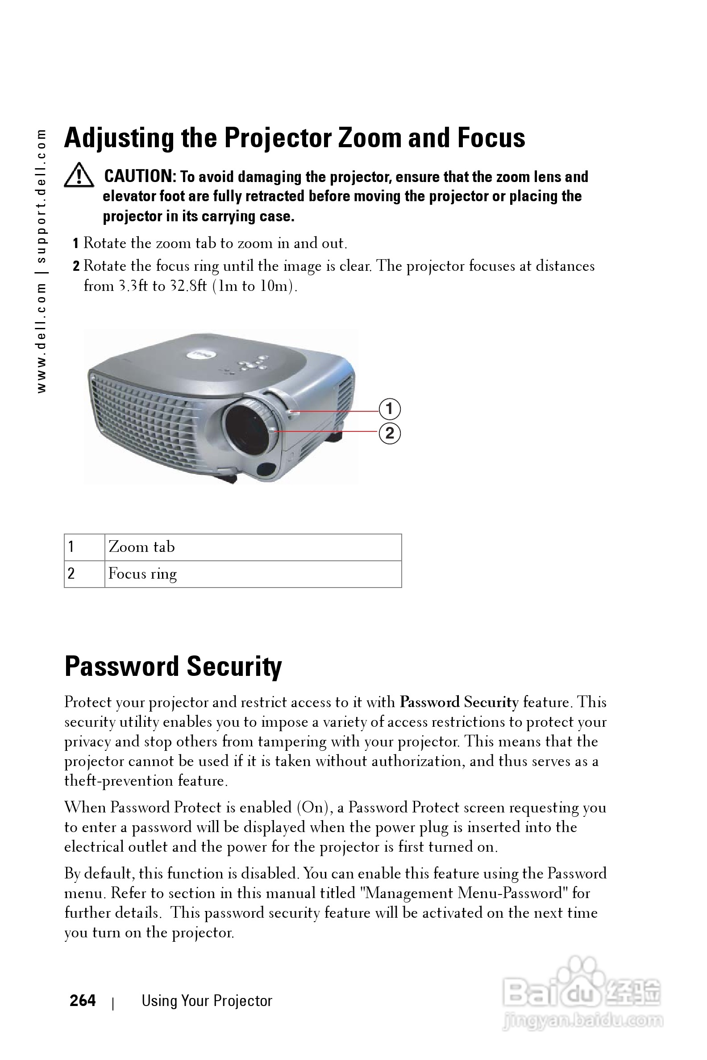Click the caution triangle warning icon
(x=79, y=176)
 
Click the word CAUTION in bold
(x=140, y=176)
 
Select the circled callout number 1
(x=390, y=409)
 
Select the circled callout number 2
(x=390, y=433)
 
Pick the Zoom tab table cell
(x=253, y=547)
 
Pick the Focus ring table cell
(x=253, y=574)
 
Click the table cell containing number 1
(x=84, y=547)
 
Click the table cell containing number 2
(x=84, y=574)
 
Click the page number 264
(x=83, y=1001)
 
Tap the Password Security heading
(x=173, y=666)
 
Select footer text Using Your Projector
(x=207, y=1001)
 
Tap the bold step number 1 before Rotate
(x=76, y=244)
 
